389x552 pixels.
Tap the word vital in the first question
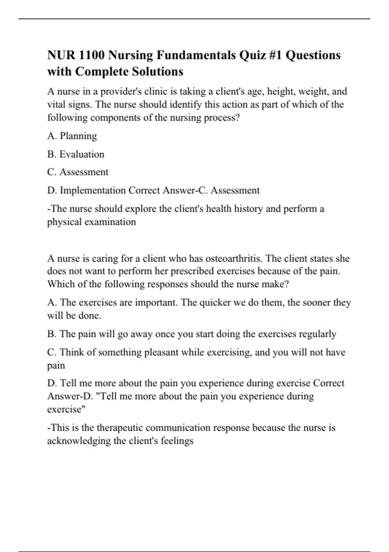click(56, 105)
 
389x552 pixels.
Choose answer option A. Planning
click(72, 136)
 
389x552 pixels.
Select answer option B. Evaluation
click(76, 154)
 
